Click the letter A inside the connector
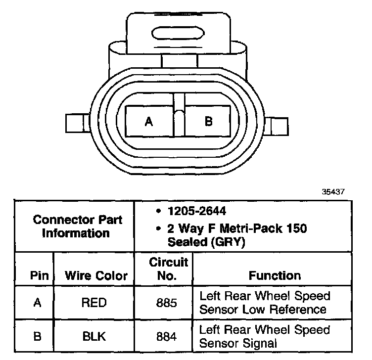149,121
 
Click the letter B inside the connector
208,121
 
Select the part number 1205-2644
195,211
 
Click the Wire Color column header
96,275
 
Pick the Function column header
274,275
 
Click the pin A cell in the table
37,303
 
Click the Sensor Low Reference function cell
263,303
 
